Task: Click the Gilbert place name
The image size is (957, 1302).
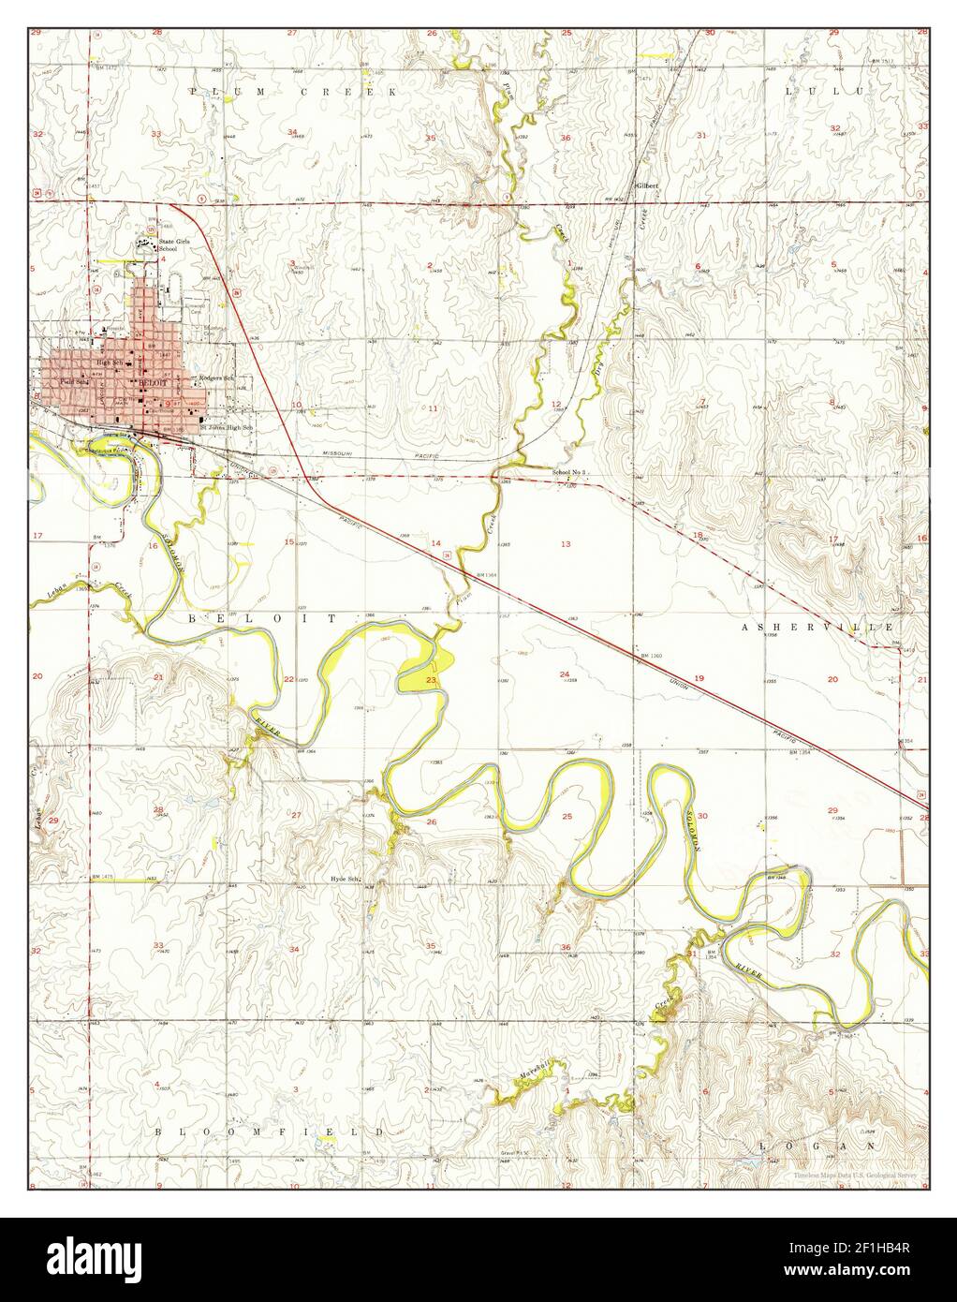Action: (647, 185)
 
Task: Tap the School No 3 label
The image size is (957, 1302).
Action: (568, 472)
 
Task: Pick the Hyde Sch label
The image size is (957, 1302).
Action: (346, 879)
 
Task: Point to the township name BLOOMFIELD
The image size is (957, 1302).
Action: (269, 1132)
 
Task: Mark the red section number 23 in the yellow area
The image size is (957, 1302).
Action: (431, 680)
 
